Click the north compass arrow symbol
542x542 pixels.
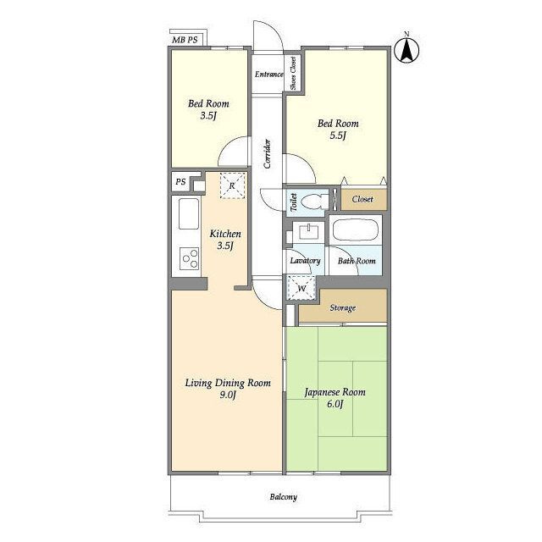click(x=406, y=49)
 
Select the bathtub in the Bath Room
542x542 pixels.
click(x=356, y=230)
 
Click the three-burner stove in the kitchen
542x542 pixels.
click(x=190, y=258)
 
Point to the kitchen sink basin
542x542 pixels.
click(x=189, y=213)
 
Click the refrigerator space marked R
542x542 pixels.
click(x=232, y=185)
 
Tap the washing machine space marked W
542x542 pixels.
click(x=301, y=288)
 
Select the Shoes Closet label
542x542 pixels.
click(x=293, y=74)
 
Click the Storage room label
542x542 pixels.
click(x=342, y=307)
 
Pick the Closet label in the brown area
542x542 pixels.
click(x=362, y=199)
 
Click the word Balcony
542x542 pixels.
click(x=284, y=497)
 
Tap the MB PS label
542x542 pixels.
click(x=185, y=40)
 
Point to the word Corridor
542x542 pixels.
click(x=268, y=153)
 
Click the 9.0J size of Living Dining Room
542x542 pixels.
click(x=228, y=395)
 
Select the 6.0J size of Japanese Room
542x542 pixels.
click(x=335, y=404)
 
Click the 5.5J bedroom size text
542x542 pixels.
click(x=338, y=135)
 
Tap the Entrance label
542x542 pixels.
click(x=269, y=75)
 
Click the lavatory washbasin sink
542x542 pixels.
click(x=308, y=231)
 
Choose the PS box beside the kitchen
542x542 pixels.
click(x=180, y=181)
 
